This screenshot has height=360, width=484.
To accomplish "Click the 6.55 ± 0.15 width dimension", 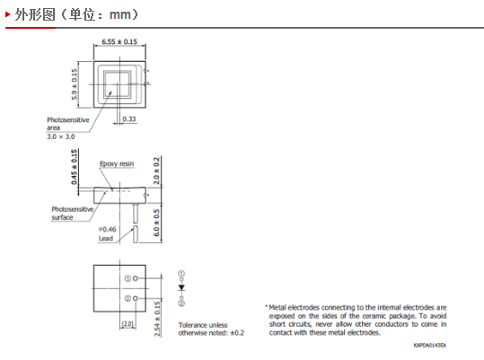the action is pyautogui.click(x=119, y=41).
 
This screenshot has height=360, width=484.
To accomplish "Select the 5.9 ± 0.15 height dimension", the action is pyautogui.click(x=75, y=84).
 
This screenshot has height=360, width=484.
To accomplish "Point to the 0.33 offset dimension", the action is pyautogui.click(x=129, y=119).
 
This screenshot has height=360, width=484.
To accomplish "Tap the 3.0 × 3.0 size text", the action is pyautogui.click(x=61, y=136).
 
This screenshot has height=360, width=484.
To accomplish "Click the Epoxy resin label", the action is pyautogui.click(x=117, y=163).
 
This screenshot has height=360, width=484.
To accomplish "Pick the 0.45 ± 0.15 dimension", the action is pyautogui.click(x=75, y=167).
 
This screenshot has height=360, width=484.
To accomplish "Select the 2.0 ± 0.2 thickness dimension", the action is pyautogui.click(x=157, y=171).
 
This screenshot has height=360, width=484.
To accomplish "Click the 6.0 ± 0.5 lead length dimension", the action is pyautogui.click(x=157, y=223).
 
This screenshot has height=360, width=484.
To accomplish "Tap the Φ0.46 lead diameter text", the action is pyautogui.click(x=107, y=230).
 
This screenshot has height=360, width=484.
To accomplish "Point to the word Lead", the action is pyautogui.click(x=106, y=239).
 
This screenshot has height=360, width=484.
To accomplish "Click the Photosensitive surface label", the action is pyautogui.click(x=72, y=213).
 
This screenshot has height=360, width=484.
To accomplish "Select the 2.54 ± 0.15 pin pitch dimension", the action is pyautogui.click(x=157, y=319).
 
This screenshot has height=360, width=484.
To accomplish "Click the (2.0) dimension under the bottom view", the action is pyautogui.click(x=128, y=324).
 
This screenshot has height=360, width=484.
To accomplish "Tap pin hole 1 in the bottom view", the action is pyautogui.click(x=136, y=278).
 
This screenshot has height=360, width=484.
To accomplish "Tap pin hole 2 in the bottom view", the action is pyautogui.click(x=136, y=299).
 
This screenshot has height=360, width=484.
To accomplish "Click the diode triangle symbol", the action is pyautogui.click(x=181, y=287).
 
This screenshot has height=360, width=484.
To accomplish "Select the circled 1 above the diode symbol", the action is pyautogui.click(x=181, y=274).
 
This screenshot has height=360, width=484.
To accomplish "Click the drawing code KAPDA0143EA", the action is pyautogui.click(x=429, y=346).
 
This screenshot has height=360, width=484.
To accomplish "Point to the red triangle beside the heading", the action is pyautogui.click(x=8, y=14).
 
